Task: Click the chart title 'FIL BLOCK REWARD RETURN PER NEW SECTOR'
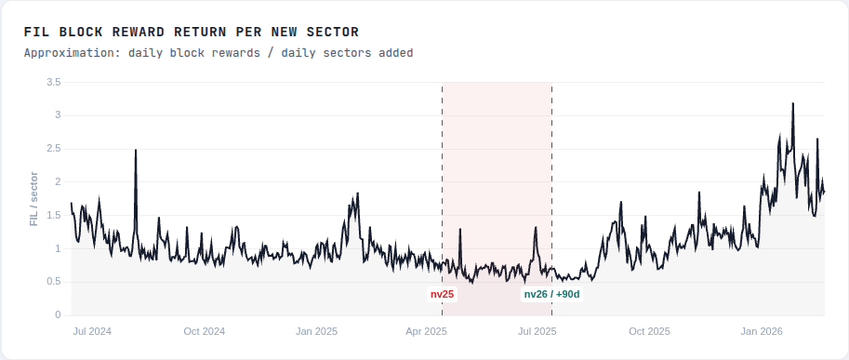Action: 192,33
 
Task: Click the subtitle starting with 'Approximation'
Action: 219,53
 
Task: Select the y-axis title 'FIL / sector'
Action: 34,199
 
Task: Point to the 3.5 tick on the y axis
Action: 53,83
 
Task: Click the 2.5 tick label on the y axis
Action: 53,149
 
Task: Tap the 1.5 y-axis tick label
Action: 53,216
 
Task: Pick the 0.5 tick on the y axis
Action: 53,282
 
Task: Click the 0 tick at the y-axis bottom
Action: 58,315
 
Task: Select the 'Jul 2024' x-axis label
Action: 92,331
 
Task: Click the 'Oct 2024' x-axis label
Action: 205,331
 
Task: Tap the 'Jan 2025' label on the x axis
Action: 316,331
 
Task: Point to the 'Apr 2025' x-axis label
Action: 427,331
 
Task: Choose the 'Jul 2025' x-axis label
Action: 537,331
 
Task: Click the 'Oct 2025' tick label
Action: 649,331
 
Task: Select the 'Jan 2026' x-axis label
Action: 762,331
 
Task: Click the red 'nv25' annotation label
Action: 442,294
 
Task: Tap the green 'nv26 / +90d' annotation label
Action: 551,294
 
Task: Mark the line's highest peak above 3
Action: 792,104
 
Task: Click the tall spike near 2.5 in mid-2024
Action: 136,151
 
